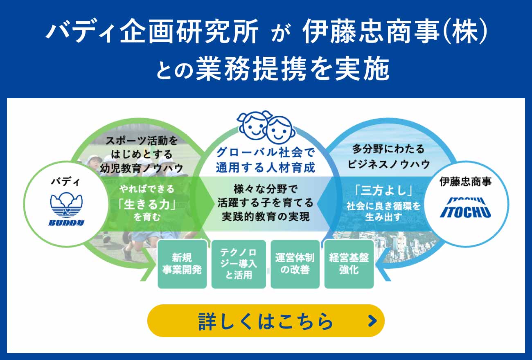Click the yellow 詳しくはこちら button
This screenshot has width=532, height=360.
coord(266,321)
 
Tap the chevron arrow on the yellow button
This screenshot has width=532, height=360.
coord(372,321)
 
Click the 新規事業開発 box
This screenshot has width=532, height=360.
coord(182,264)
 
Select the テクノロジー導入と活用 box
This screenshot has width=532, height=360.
coord(239,264)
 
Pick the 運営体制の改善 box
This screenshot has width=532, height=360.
coord(295,264)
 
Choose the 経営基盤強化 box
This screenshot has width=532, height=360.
coord(349,264)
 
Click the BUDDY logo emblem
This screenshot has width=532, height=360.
coord(66,209)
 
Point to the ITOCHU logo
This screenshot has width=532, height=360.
coord(466,208)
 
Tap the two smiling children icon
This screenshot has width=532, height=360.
coord(266,128)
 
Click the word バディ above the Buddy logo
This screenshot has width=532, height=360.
coord(66,182)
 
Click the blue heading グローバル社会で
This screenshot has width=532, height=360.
coord(266,152)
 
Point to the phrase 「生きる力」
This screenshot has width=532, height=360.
coord(147,204)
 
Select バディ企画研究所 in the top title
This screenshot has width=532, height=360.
coord(152,31)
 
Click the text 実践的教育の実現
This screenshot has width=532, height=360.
coord(266,216)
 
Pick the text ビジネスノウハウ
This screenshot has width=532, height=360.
coord(388,164)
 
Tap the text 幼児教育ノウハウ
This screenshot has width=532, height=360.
coord(142,168)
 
